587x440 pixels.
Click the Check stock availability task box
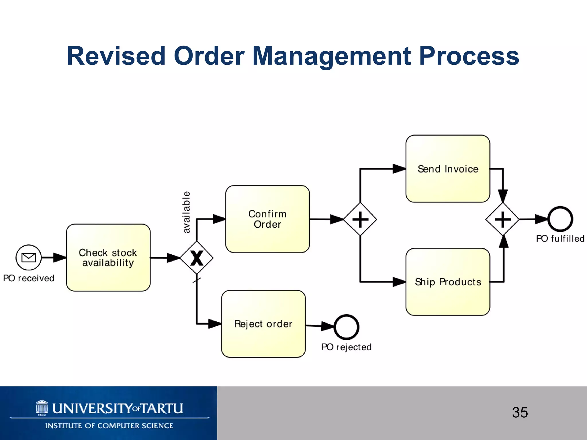point(108,258)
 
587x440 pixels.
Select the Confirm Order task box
point(267,219)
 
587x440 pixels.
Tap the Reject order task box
point(263,324)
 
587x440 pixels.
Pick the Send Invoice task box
point(448,169)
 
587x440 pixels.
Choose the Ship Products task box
point(448,282)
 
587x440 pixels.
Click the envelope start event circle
point(29,258)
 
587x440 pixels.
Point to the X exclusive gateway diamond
point(197,258)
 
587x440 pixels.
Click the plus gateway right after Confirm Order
point(360,219)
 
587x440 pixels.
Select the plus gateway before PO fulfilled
point(502,219)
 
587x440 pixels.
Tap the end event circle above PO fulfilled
point(560,219)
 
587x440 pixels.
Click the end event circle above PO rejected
point(346,327)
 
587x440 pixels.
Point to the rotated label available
point(186,212)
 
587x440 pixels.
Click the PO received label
point(29,278)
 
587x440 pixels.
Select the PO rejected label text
point(346,347)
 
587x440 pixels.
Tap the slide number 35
point(520,412)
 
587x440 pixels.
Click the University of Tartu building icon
point(42,408)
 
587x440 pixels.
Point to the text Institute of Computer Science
point(109,426)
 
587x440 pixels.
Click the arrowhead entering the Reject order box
point(215,324)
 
